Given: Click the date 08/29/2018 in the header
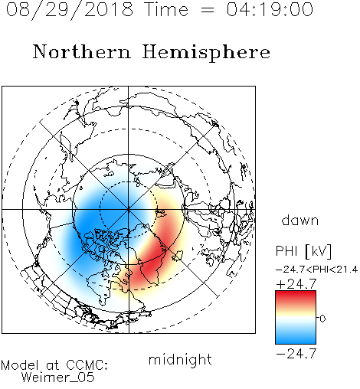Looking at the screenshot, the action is [x=70, y=10].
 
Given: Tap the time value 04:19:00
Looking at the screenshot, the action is [x=270, y=9].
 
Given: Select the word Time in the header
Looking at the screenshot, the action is [x=166, y=9].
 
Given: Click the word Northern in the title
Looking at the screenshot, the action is [x=82, y=51].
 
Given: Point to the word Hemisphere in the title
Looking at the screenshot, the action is [x=206, y=53].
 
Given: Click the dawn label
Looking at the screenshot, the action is [x=300, y=221].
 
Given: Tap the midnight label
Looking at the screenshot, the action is [x=180, y=360].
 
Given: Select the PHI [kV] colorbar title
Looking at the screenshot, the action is [x=303, y=251].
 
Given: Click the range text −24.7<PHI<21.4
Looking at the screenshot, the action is [x=317, y=270].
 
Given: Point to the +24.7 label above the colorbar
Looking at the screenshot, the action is [x=296, y=284].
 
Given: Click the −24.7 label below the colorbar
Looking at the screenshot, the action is [x=296, y=354].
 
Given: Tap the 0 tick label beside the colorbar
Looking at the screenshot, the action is [x=322, y=319].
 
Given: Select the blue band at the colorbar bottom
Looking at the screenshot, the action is [x=296, y=338].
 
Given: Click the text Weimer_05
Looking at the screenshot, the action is [x=58, y=378].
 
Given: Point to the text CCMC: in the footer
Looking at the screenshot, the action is [x=87, y=365].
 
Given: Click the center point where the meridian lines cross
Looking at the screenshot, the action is [x=129, y=210].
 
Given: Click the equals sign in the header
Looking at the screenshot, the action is [x=208, y=10].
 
